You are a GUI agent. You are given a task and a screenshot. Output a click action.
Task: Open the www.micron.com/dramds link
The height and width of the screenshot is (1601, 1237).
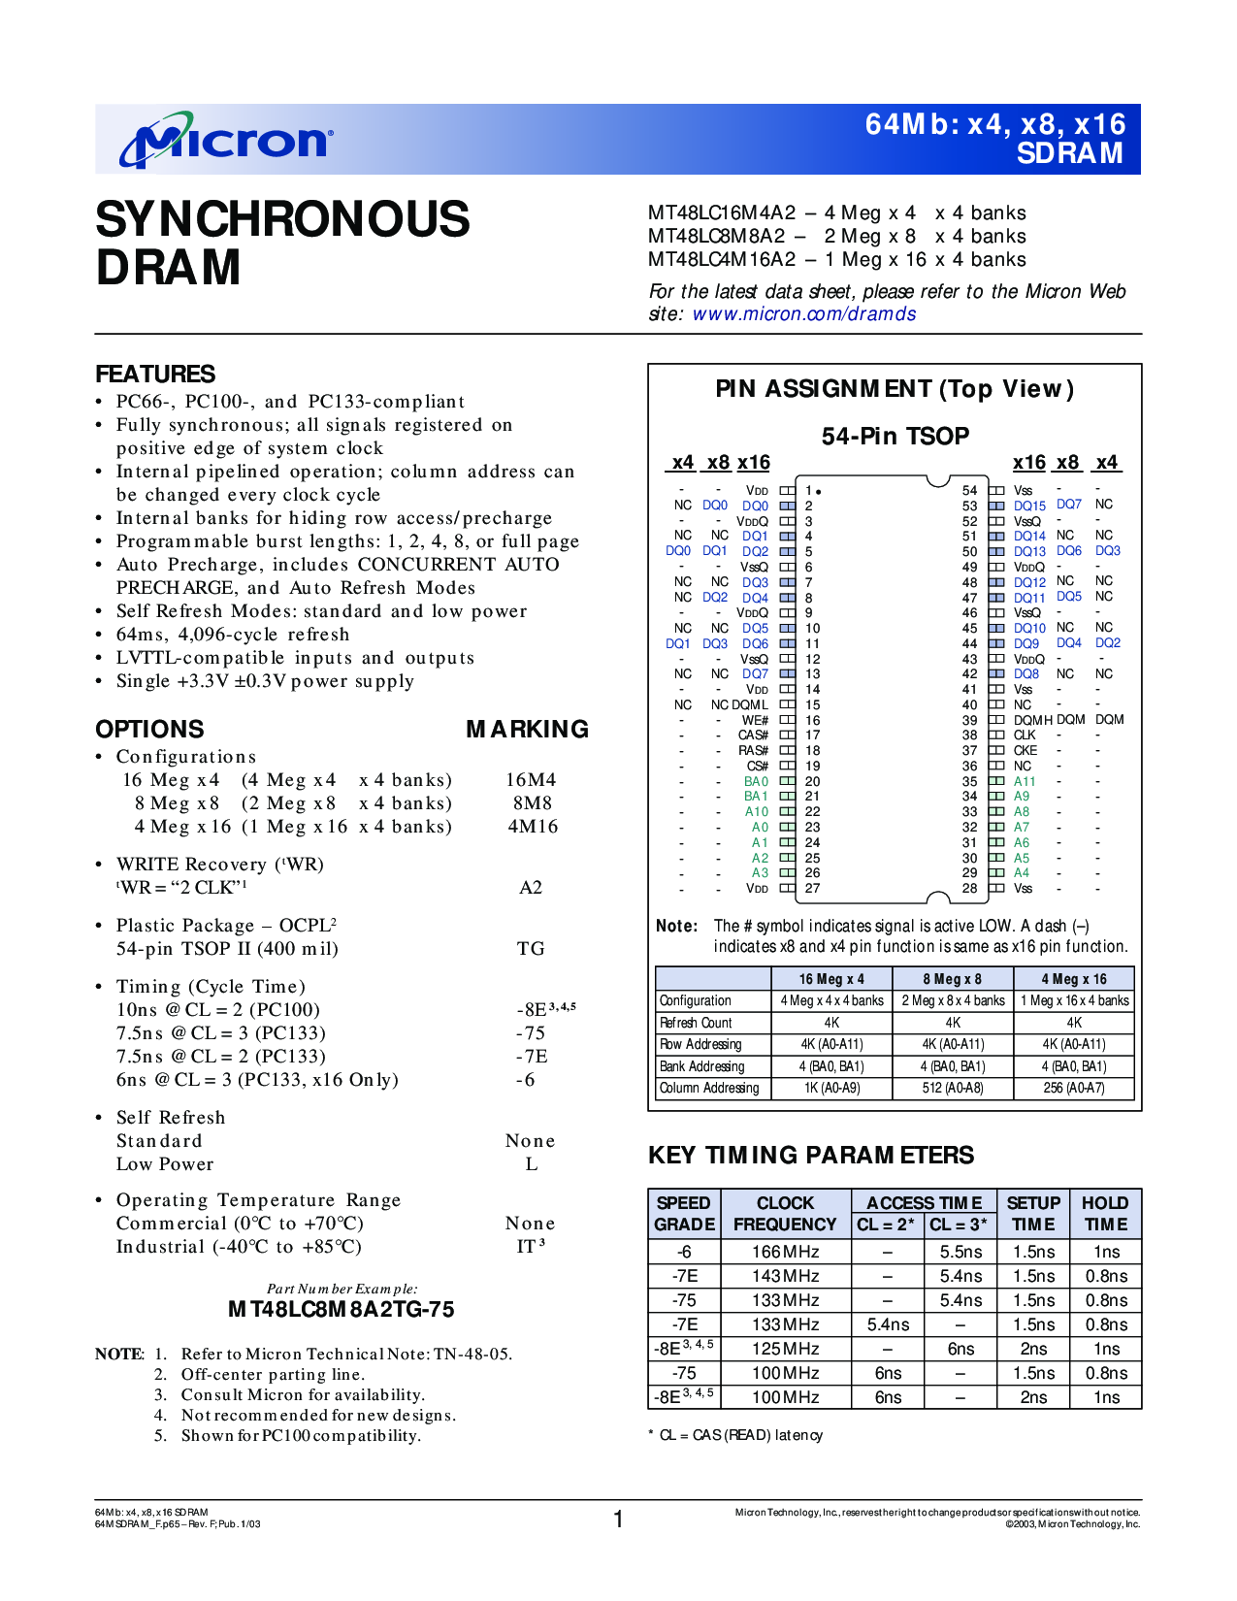[803, 314]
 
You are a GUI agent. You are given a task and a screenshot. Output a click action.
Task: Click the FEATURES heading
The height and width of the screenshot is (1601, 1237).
[155, 375]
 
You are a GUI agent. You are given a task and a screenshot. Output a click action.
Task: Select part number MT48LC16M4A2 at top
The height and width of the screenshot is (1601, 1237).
[722, 213]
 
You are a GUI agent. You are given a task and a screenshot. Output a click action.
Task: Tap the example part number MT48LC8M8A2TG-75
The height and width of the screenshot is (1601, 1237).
[341, 1310]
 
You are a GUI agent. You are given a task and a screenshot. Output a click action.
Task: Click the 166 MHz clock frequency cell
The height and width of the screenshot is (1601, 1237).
[785, 1253]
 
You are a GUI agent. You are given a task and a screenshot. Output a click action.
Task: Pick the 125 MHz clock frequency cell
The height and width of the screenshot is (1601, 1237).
[785, 1350]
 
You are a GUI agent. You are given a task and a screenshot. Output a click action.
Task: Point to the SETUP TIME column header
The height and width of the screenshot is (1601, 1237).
[1033, 1214]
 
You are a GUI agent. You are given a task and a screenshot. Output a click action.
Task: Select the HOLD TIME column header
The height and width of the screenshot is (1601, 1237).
[1105, 1214]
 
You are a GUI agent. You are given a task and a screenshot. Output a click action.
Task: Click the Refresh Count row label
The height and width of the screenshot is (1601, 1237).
[696, 1024]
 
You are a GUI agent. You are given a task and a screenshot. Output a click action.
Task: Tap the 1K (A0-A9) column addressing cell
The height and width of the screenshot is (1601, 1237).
[831, 1089]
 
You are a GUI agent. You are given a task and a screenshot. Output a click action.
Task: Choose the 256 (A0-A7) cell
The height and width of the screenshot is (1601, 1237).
[1074, 1089]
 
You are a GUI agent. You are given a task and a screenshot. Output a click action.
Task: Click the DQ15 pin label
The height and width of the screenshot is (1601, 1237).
[1029, 506]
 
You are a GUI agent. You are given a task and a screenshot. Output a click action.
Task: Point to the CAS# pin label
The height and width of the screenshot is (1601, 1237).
[753, 735]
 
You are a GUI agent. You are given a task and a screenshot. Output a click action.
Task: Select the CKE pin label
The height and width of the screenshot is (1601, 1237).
[1025, 751]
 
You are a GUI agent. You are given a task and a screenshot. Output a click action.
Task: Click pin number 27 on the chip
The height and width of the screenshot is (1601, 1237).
[813, 889]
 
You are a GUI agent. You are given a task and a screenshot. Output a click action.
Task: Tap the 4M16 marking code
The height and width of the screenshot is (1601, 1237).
[533, 827]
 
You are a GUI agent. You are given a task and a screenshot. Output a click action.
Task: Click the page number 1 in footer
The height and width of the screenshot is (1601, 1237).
[618, 1519]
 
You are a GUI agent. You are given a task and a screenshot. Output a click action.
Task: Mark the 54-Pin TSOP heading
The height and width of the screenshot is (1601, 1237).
[895, 437]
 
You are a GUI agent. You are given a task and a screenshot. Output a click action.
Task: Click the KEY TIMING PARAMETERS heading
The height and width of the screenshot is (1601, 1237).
[811, 1156]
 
